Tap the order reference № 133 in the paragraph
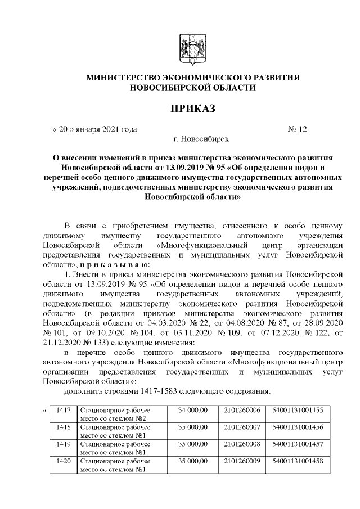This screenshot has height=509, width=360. [x=85, y=343]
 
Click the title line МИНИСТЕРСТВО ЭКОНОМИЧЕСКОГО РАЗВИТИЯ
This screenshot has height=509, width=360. [x=192, y=77]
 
